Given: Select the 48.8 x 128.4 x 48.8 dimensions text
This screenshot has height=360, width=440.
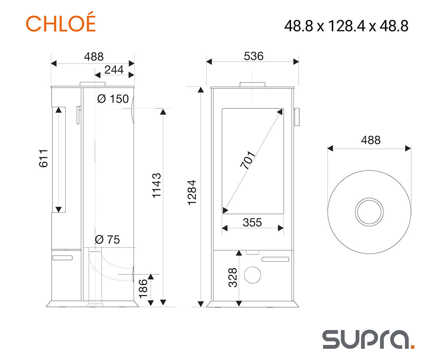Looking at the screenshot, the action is [346, 26].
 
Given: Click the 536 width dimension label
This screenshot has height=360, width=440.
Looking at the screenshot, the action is [254, 56].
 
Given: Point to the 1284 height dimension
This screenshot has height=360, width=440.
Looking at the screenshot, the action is [192, 192].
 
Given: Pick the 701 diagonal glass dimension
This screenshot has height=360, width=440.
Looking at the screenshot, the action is [248, 160].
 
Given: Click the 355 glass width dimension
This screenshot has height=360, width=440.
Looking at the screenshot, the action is [252, 222].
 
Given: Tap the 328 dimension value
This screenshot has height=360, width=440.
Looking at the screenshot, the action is [233, 278].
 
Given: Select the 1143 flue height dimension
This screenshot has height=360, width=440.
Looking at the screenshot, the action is [156, 186].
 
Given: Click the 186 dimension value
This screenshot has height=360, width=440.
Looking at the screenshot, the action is [143, 288].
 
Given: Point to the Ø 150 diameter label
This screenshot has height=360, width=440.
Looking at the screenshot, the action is [113, 99].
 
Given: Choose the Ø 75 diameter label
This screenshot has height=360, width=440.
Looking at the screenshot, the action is [107, 240].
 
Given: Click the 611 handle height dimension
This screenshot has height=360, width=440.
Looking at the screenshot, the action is [44, 158].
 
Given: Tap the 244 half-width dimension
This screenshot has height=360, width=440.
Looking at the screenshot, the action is [114, 70].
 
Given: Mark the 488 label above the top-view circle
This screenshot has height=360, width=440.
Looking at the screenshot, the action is [371, 140].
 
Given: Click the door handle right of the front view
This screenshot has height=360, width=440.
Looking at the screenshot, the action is [297, 117].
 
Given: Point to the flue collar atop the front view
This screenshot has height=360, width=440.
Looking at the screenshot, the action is [252, 85].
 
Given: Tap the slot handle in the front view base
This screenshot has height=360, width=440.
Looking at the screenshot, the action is [275, 259].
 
